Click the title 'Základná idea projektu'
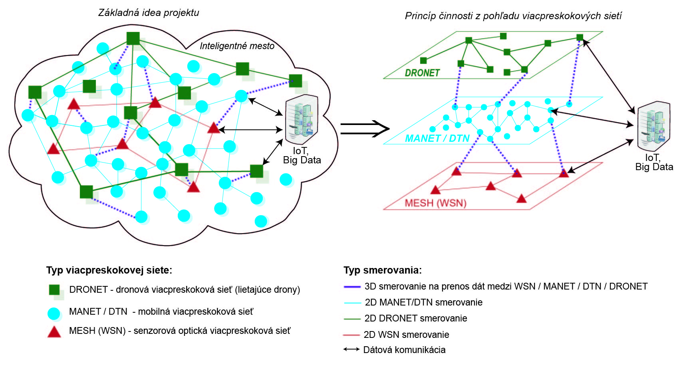click(x=149, y=13)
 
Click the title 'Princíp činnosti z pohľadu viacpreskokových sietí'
click(x=513, y=16)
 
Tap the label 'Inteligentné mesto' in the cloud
click(x=237, y=46)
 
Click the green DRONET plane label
click(x=422, y=73)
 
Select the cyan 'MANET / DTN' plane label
click(x=437, y=139)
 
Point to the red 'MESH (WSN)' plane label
click(x=435, y=203)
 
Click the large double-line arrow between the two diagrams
click(x=364, y=129)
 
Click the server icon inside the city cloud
click(x=302, y=119)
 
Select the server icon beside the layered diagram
click(x=653, y=126)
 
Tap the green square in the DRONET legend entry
click(x=54, y=290)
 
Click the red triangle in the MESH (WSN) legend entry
click(x=54, y=332)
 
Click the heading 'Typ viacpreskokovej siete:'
click(x=109, y=270)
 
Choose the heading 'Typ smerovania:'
click(x=383, y=270)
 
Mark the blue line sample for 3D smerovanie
click(x=352, y=287)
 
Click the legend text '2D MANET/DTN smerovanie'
click(x=423, y=302)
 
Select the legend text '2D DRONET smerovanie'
click(x=415, y=318)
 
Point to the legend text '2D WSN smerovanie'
click(x=406, y=335)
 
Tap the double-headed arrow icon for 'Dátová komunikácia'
click(x=351, y=349)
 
